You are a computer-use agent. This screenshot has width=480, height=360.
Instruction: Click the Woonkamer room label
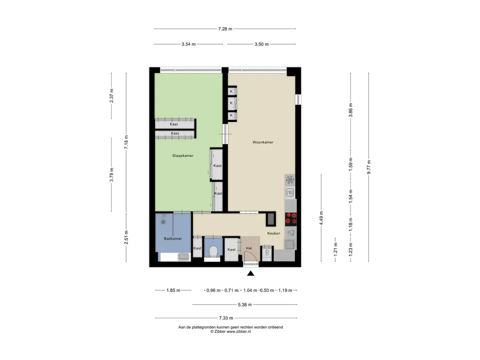click(x=262, y=142)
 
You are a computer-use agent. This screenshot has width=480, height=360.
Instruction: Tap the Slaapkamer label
click(x=183, y=156)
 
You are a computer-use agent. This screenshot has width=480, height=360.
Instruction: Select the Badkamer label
click(x=173, y=239)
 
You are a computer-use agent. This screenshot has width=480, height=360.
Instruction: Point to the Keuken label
click(x=274, y=233)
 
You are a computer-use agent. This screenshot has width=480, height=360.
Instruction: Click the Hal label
click(x=249, y=248)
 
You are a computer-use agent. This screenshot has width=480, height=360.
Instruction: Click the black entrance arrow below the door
click(x=251, y=273)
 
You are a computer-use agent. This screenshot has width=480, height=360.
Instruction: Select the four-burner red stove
click(x=291, y=218)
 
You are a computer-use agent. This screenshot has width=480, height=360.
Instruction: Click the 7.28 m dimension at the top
click(x=225, y=29)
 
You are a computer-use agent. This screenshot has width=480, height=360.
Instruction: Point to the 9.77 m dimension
click(x=369, y=167)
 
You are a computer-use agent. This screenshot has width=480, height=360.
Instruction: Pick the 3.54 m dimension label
click(x=188, y=44)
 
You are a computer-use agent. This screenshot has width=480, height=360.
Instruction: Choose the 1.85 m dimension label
click(x=173, y=290)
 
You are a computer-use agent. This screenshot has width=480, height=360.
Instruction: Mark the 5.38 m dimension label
click(x=245, y=305)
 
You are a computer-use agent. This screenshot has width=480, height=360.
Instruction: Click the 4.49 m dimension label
click(x=321, y=218)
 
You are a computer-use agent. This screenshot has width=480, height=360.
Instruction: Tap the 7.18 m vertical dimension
click(x=126, y=142)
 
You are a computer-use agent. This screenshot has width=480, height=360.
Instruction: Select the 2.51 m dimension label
click(x=126, y=237)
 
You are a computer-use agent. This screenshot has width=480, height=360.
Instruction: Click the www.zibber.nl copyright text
click(x=231, y=331)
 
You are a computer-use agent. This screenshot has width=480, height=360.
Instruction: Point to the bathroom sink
click(x=184, y=256)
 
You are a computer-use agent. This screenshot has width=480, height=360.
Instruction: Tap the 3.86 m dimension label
click(x=351, y=110)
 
